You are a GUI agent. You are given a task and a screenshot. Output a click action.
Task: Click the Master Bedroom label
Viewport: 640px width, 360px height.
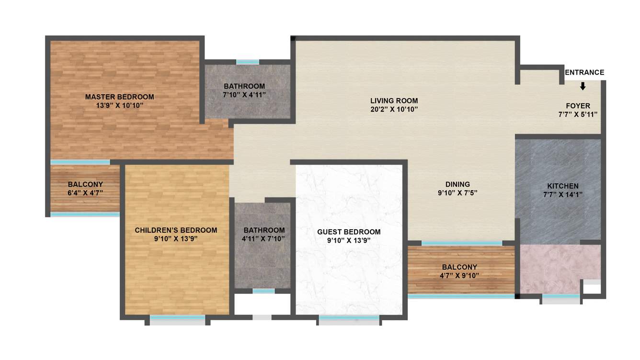[x=119, y=97]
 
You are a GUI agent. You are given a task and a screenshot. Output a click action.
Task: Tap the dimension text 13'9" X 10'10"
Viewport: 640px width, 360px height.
[x=119, y=105]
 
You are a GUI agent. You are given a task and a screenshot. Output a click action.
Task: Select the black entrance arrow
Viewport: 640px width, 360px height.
[x=583, y=86]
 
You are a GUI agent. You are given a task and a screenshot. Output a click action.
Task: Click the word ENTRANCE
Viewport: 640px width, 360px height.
[x=584, y=73]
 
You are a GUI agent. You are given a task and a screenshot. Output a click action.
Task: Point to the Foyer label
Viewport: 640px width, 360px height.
[x=578, y=106]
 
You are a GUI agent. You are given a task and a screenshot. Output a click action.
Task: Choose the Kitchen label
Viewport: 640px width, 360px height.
[x=563, y=186]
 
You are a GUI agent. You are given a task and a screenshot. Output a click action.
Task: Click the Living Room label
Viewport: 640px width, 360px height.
[x=394, y=101]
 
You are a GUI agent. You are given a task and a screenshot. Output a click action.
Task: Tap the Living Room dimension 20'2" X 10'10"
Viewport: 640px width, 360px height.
[x=394, y=109]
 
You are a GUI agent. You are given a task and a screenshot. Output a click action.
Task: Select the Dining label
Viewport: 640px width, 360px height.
[x=457, y=184]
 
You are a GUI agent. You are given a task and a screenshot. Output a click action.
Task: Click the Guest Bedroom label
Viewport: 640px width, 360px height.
[x=349, y=232]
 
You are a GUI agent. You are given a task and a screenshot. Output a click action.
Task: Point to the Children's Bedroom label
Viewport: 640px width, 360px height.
[x=176, y=230]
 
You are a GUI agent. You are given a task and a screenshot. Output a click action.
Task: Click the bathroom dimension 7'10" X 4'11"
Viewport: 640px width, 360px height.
[x=244, y=95]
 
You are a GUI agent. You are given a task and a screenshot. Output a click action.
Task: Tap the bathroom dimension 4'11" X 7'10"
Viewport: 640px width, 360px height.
[x=264, y=238]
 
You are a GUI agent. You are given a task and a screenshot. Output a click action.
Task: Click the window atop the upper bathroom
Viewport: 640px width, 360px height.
[x=248, y=62]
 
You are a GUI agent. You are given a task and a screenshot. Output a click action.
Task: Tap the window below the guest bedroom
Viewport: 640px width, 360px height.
[x=349, y=318]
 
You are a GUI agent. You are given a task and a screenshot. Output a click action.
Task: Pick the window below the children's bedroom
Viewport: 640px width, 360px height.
[x=177, y=318]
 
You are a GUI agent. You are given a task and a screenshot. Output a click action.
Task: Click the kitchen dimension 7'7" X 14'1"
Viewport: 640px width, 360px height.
[x=563, y=194]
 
